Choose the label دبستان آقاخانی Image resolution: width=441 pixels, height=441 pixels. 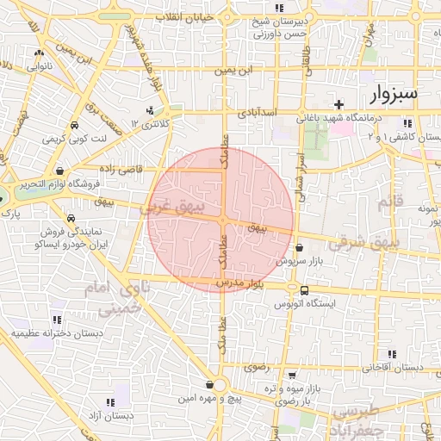pos(393,367)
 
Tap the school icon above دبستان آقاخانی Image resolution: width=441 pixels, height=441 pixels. pos(392,353)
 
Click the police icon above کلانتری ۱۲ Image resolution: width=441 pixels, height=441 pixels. pos(150,110)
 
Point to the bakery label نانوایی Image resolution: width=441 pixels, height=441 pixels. pos(39,65)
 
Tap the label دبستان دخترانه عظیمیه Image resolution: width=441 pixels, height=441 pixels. pos(57,332)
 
